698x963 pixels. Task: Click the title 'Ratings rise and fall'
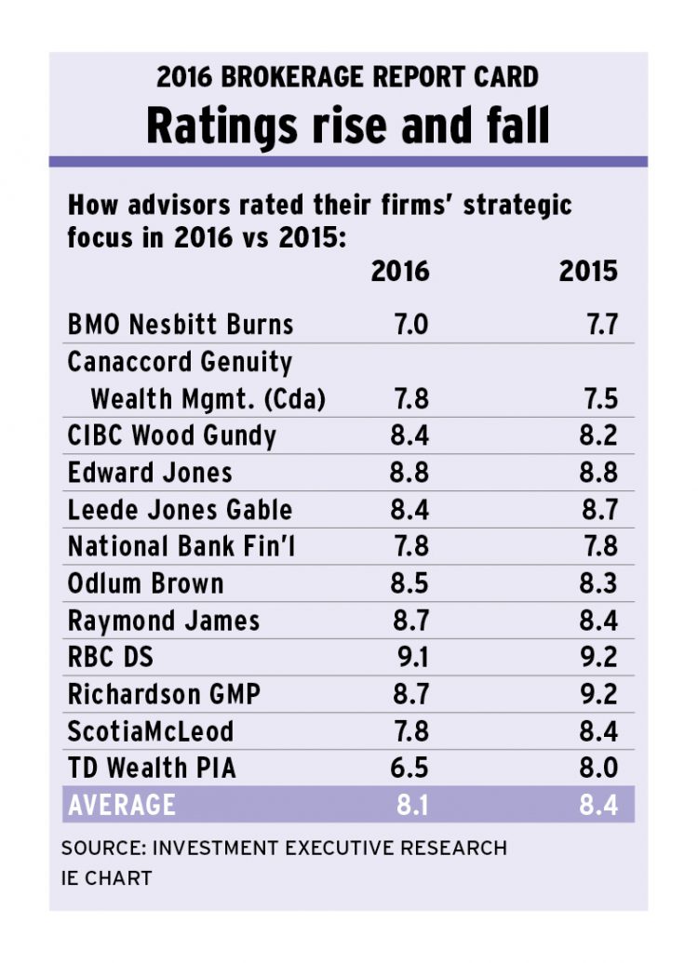348,125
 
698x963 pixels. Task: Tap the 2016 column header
400,271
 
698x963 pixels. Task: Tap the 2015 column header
587,271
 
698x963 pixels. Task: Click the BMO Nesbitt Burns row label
181,324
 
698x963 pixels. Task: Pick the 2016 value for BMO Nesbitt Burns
409,324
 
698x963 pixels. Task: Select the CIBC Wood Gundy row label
172,435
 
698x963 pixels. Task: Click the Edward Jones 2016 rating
409,472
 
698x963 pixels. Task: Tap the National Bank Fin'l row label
181,546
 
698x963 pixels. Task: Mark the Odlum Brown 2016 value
409,583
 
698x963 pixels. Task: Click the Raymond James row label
164,620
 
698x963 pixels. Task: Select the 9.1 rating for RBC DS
411,657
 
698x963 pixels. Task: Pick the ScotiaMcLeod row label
151,730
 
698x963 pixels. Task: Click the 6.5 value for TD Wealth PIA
409,768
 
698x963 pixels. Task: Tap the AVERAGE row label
122,805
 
